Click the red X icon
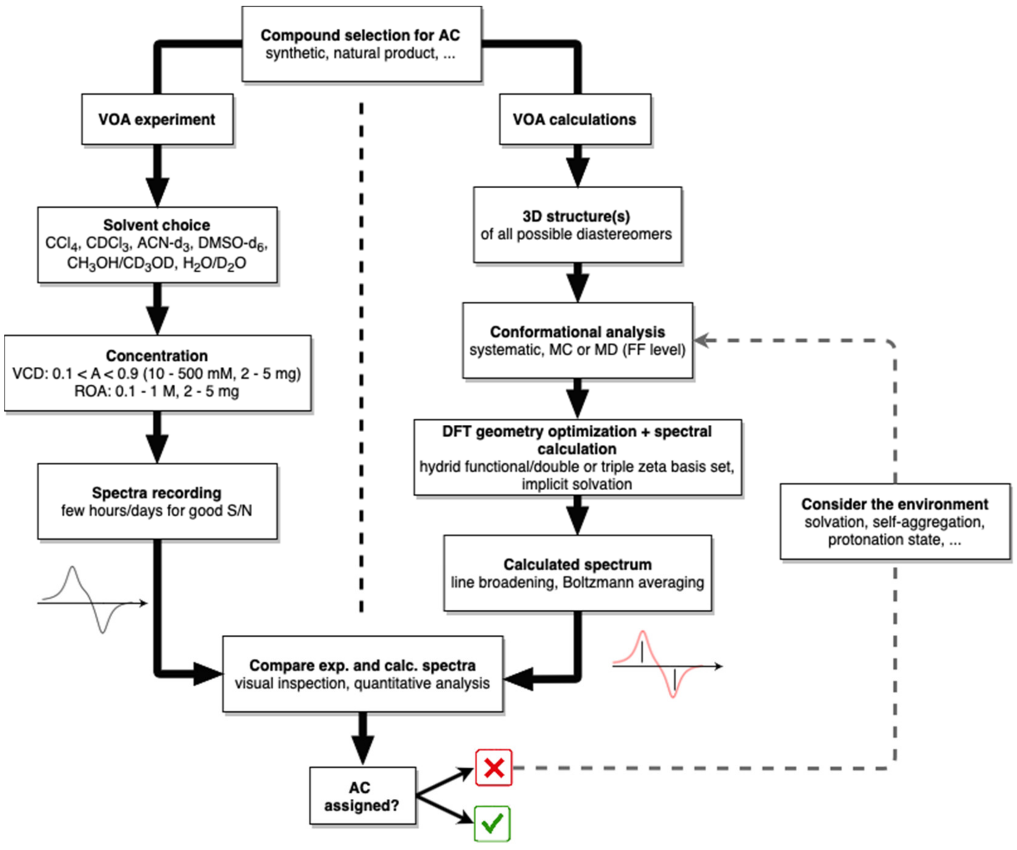click(x=493, y=768)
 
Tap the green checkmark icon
click(x=492, y=824)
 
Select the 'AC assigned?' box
click(x=363, y=796)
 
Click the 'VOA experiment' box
click(x=157, y=119)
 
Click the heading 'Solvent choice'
click(x=157, y=225)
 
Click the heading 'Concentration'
click(x=157, y=356)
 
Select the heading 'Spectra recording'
click(x=157, y=493)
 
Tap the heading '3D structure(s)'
click(x=576, y=216)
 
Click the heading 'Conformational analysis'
click(x=577, y=332)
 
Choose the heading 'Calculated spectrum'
click(x=577, y=565)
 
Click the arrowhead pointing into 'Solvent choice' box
click(x=157, y=192)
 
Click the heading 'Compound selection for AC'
click(x=360, y=35)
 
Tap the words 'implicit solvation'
click(x=577, y=484)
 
